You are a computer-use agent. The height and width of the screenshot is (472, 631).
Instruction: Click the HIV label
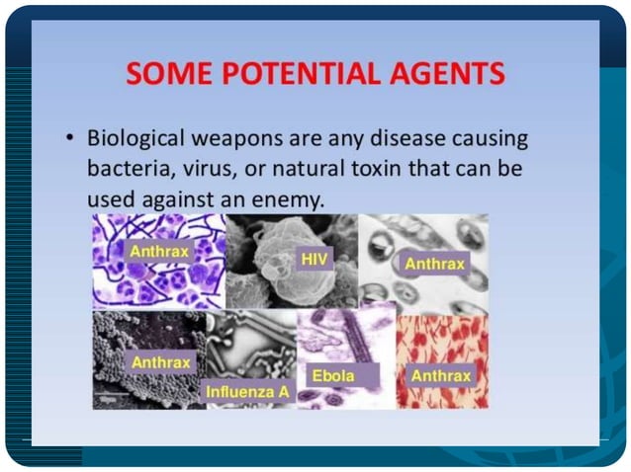pyautogui.click(x=313, y=258)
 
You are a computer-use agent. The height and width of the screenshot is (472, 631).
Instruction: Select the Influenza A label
pyautogui.click(x=247, y=392)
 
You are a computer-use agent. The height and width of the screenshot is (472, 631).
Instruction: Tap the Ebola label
pyautogui.click(x=332, y=376)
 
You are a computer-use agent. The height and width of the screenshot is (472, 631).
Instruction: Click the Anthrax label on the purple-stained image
pyautogui.click(x=159, y=251)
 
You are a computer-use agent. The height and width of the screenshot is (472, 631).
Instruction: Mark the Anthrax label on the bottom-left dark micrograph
pyautogui.click(x=159, y=361)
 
